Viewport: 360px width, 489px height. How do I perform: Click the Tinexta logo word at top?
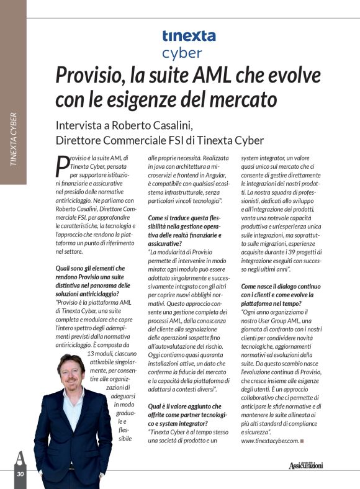coord(189,36)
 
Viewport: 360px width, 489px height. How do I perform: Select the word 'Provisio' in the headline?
coord(90,76)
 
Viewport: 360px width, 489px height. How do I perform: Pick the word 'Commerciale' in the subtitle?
coord(125,140)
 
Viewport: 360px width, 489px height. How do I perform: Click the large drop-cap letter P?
coord(61,166)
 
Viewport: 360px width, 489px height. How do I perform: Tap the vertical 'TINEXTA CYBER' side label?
coord(13,140)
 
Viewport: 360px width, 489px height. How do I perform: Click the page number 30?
coord(20,473)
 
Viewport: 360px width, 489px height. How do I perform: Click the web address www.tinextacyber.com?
coord(269,441)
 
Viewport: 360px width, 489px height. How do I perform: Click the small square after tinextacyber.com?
coord(302,441)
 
